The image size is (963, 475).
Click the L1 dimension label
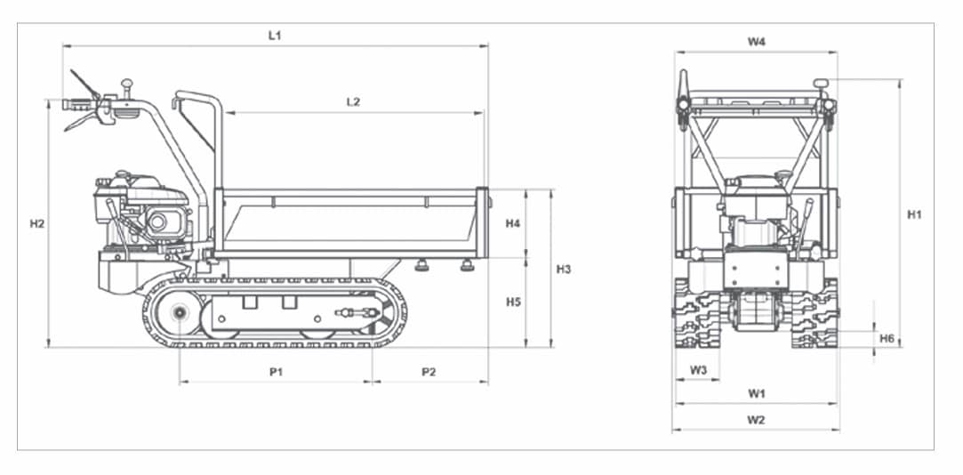click(x=275, y=36)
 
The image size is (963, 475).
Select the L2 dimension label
click(x=353, y=102)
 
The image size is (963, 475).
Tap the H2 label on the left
click(x=36, y=223)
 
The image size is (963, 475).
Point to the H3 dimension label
click(x=564, y=269)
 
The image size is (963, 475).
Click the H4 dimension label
click(x=512, y=223)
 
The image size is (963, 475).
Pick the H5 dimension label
click(x=512, y=302)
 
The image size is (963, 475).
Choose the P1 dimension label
click(x=276, y=372)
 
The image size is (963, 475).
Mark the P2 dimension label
click(x=429, y=372)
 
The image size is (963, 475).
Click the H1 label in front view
click(x=914, y=214)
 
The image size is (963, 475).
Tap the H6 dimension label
click(x=887, y=339)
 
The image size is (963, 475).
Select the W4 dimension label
click(x=756, y=42)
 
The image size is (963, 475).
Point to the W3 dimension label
click(x=698, y=369)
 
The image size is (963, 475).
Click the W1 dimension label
click(x=756, y=392)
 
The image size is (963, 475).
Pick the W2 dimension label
click(x=756, y=420)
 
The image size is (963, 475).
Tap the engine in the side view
click(x=142, y=213)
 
